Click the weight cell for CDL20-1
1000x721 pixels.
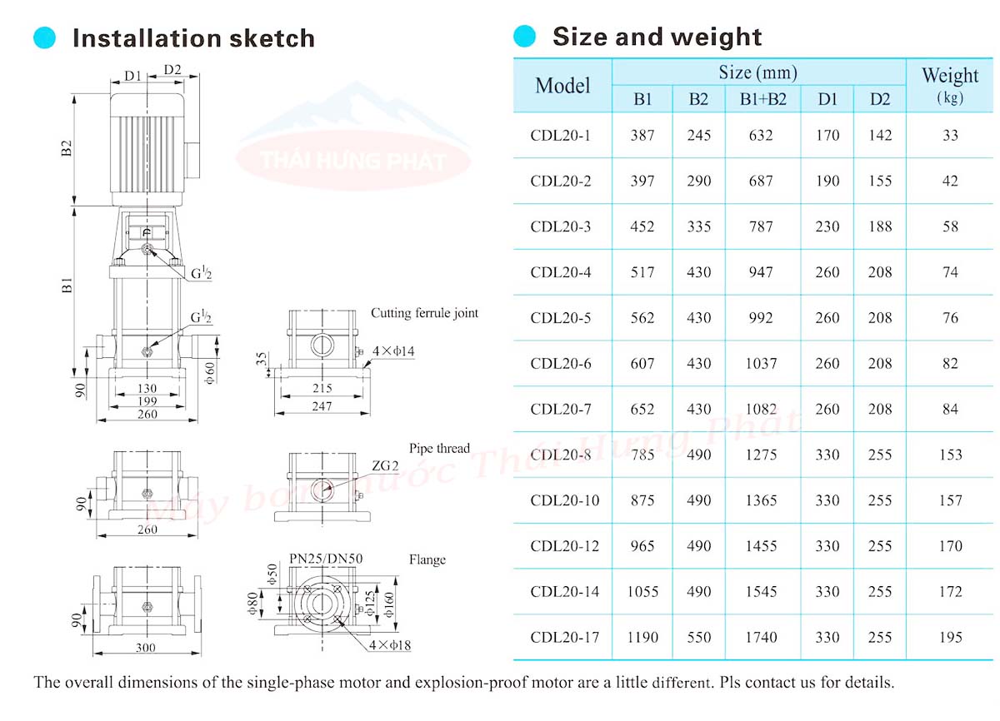pyautogui.click(x=950, y=135)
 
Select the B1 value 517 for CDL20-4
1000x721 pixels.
pyautogui.click(x=642, y=272)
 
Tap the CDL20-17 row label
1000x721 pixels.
pyautogui.click(x=565, y=637)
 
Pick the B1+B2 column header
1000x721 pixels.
pyautogui.click(x=763, y=99)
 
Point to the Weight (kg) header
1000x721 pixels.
pyautogui.click(x=950, y=85)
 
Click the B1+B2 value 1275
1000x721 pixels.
pyautogui.click(x=761, y=455)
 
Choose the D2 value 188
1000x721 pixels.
pyautogui.click(x=880, y=226)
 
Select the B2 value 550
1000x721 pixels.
pyautogui.click(x=698, y=637)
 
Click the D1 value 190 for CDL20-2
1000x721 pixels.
pyautogui.click(x=827, y=181)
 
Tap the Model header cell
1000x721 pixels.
pyautogui.click(x=562, y=85)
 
